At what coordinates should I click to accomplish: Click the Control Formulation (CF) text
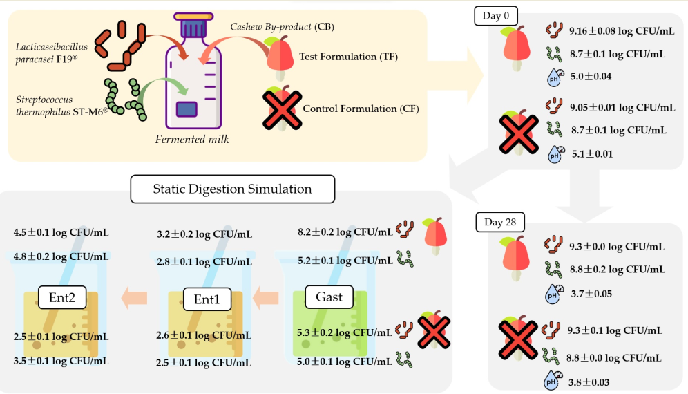(361, 109)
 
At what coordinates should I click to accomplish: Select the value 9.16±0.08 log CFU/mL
(622, 31)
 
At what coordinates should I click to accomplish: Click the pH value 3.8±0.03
(589, 382)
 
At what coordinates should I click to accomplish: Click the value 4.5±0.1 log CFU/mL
(61, 233)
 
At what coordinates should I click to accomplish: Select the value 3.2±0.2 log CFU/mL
(204, 234)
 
